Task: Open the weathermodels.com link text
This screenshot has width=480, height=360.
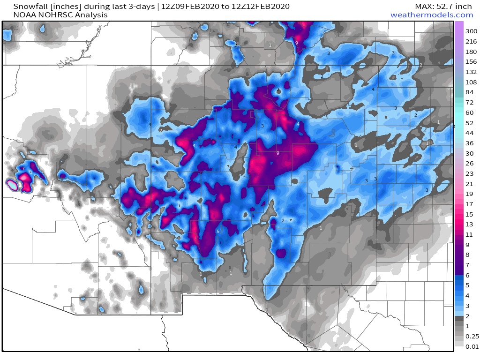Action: tap(431, 15)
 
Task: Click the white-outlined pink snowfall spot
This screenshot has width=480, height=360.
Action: tap(13, 185)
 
